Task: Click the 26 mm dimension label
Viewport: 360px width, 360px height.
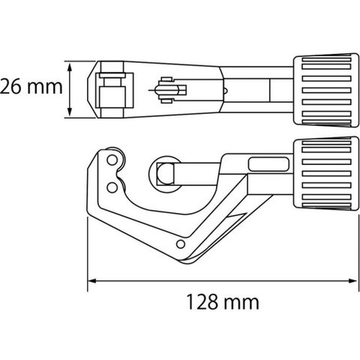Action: [31, 87]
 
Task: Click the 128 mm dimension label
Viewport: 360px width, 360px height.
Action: [223, 302]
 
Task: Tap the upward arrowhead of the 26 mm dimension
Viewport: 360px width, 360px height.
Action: [70, 67]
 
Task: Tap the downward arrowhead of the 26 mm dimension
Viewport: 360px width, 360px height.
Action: [70, 112]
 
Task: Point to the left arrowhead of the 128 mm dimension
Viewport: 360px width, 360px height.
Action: [93, 281]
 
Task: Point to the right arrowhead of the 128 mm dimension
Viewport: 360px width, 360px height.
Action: [353, 281]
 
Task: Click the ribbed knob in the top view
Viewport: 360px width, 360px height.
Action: [326, 90]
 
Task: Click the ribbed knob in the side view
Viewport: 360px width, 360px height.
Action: [326, 173]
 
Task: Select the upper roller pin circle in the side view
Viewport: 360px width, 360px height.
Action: [112, 160]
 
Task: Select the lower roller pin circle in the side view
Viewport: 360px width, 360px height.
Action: [112, 187]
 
